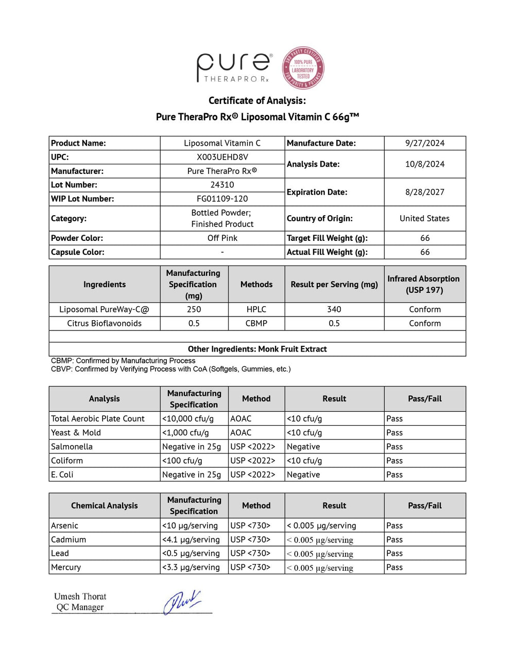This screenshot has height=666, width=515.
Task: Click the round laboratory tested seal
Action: pos(303,68)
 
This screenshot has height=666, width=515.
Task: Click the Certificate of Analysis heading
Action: pos(257,100)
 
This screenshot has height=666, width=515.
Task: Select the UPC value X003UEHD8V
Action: pos(222,157)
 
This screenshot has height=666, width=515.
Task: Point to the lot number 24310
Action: pos(222,185)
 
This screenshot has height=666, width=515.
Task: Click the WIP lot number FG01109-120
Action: pos(222,199)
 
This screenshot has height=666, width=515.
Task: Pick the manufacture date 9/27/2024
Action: pos(424,143)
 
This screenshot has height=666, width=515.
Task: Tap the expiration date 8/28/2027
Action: pos(424,192)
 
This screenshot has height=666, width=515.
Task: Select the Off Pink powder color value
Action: pos(222,238)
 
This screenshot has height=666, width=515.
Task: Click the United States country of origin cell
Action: pos(424,218)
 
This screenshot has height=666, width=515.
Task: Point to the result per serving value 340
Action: pos(334,309)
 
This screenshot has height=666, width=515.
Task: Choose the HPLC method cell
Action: pos(256,309)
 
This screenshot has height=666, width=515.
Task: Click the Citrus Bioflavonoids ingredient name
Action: pos(104,323)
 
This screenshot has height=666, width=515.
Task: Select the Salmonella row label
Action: pos(72,447)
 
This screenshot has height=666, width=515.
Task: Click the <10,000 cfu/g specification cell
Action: pos(187,419)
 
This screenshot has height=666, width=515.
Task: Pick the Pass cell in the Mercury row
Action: pos(394,567)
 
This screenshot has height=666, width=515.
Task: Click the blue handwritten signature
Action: pos(182,602)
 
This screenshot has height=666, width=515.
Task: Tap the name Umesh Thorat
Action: pos(80,597)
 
